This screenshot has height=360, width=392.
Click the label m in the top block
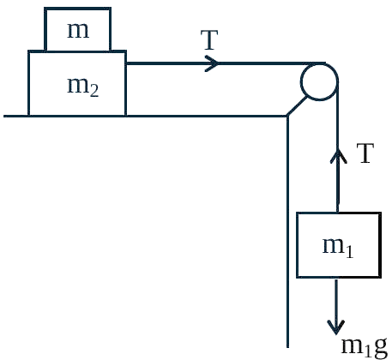(78, 30)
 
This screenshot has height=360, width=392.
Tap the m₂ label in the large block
(83, 87)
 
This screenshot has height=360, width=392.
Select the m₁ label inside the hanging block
(338, 248)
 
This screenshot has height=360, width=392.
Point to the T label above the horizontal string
(209, 39)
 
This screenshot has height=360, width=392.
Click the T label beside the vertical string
(365, 153)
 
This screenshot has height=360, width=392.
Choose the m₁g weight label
(365, 347)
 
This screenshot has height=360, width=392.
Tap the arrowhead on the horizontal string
(212, 63)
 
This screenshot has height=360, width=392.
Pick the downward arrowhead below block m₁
(336, 327)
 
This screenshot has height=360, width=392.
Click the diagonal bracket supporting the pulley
(298, 106)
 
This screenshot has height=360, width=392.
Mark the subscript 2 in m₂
(94, 91)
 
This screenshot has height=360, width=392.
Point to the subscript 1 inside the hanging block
(349, 252)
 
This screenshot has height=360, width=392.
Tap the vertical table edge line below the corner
(287, 231)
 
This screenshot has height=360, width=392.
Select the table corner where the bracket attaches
(287, 116)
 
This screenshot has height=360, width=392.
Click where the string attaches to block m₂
(126, 63)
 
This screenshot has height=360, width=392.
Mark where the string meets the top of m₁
(338, 213)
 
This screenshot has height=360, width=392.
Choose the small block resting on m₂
(77, 29)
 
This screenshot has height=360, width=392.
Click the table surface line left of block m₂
(16, 116)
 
